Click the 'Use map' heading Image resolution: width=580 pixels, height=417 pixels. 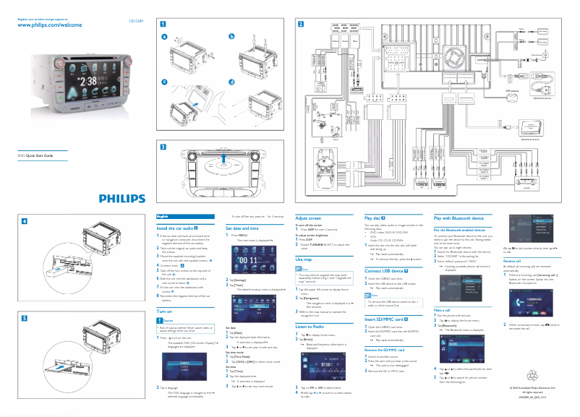[304, 258]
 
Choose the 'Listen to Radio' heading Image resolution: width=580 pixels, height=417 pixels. [312, 327]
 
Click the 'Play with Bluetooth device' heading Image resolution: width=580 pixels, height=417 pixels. [458, 218]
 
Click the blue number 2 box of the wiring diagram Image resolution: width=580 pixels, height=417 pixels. [301, 23]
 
